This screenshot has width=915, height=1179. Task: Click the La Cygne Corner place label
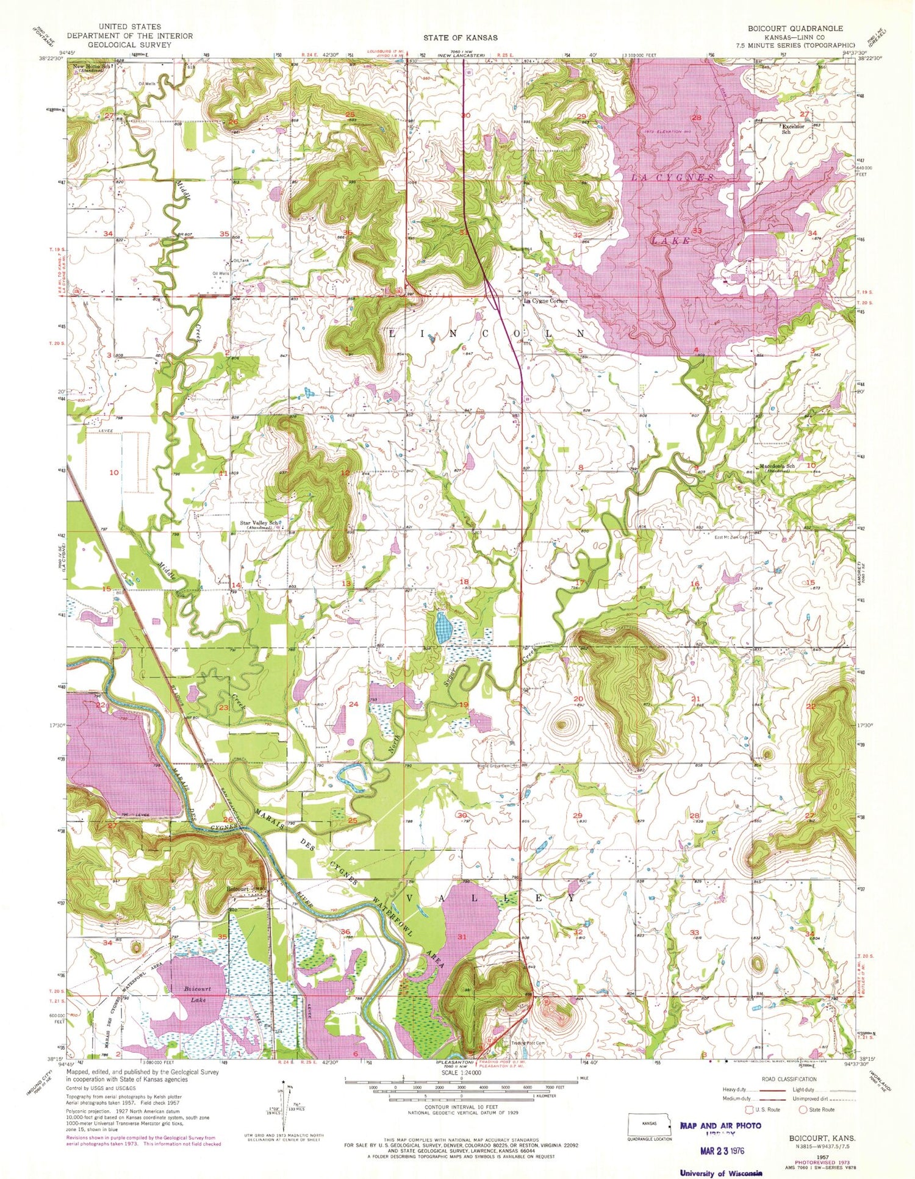545,301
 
